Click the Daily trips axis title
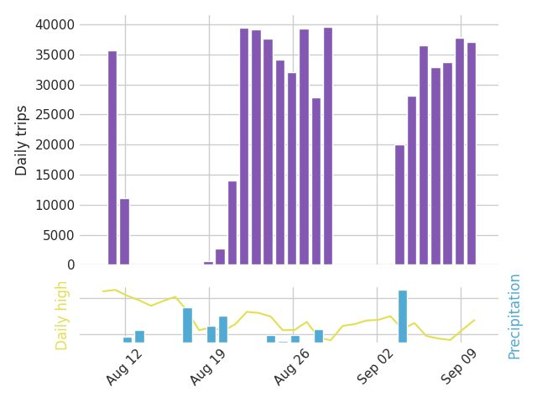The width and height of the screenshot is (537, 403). (22, 140)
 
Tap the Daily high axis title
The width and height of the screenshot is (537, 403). (61, 315)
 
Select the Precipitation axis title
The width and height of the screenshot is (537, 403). (514, 316)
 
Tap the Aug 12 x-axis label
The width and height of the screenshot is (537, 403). (123, 367)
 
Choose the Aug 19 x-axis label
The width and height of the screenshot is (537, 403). (207, 367)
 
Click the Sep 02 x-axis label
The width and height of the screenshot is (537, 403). (375, 367)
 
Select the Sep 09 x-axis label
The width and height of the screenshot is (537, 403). (459, 367)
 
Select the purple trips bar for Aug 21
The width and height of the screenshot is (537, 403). (232, 222)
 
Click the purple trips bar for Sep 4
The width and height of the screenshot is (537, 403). (400, 205)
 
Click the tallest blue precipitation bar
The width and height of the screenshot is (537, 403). (403, 317)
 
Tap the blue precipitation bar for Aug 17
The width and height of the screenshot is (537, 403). (187, 325)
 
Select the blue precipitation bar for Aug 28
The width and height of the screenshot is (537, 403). (319, 336)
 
